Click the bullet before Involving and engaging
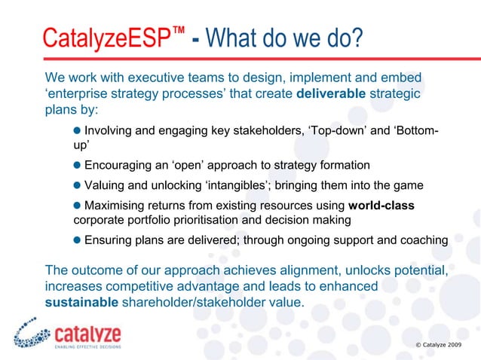[x=78, y=133]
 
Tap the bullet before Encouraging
[x=78, y=165]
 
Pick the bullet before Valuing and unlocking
[x=78, y=185]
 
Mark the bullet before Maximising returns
[x=78, y=206]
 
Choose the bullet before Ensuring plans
[x=78, y=240]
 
